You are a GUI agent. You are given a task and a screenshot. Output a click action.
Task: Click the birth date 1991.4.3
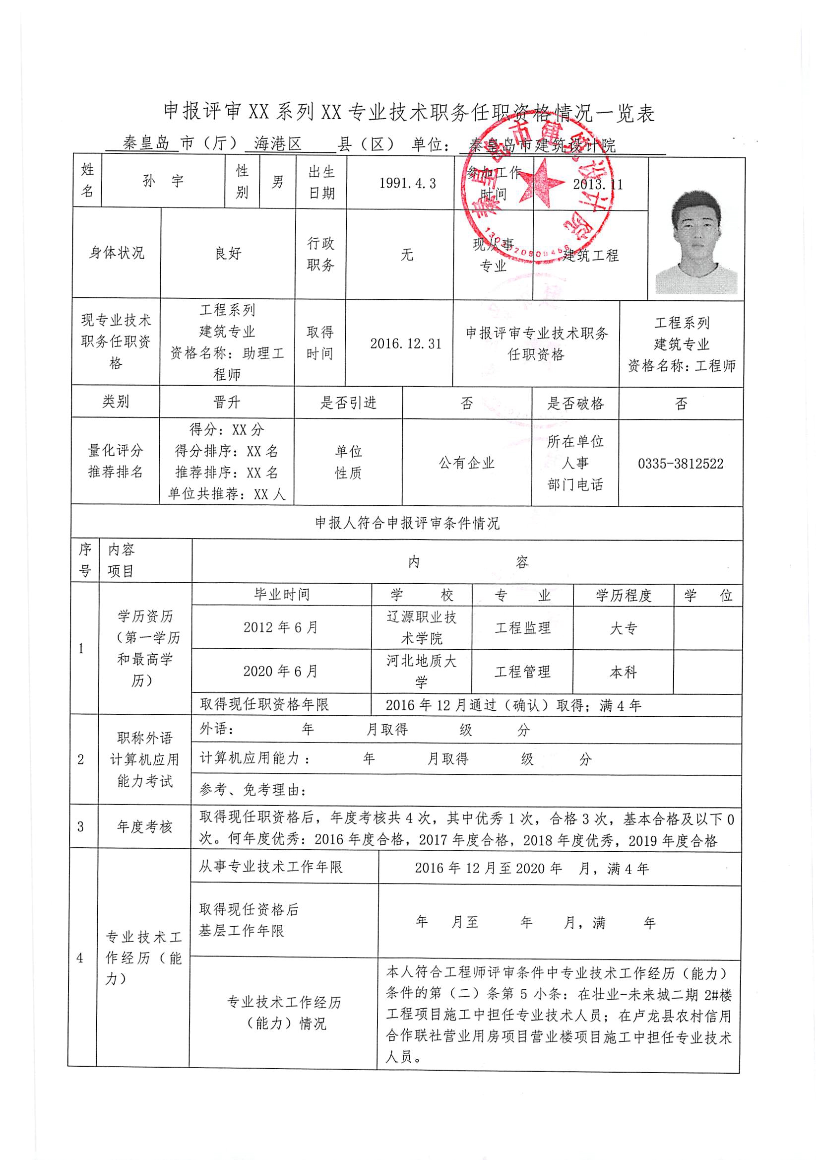(x=407, y=183)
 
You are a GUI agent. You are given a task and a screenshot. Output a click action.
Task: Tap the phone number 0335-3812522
(x=680, y=463)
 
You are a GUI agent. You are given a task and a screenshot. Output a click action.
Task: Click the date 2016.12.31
(x=405, y=343)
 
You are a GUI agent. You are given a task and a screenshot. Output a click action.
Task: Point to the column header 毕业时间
(x=282, y=594)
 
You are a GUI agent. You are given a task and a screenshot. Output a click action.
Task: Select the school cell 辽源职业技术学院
(x=422, y=627)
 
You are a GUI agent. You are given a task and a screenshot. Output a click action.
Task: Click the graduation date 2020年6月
(x=281, y=671)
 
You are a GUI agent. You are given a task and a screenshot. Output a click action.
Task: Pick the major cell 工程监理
(x=522, y=628)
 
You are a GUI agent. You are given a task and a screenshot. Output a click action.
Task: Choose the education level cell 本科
(x=623, y=672)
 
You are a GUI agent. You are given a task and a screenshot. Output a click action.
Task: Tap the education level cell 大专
(x=623, y=628)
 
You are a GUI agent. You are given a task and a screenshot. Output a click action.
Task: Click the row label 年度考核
(x=145, y=827)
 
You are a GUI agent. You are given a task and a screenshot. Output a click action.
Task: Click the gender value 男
(x=277, y=182)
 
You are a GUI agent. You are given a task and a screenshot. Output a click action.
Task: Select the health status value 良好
(x=228, y=253)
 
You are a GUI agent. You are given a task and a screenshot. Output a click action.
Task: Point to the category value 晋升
(x=227, y=403)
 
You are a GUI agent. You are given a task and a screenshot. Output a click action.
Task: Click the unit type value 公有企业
(x=467, y=463)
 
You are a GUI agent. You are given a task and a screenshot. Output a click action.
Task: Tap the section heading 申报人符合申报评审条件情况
(x=407, y=523)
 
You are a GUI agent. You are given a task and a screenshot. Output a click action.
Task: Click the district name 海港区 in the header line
(x=277, y=144)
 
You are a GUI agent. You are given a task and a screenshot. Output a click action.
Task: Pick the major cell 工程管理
(x=522, y=672)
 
